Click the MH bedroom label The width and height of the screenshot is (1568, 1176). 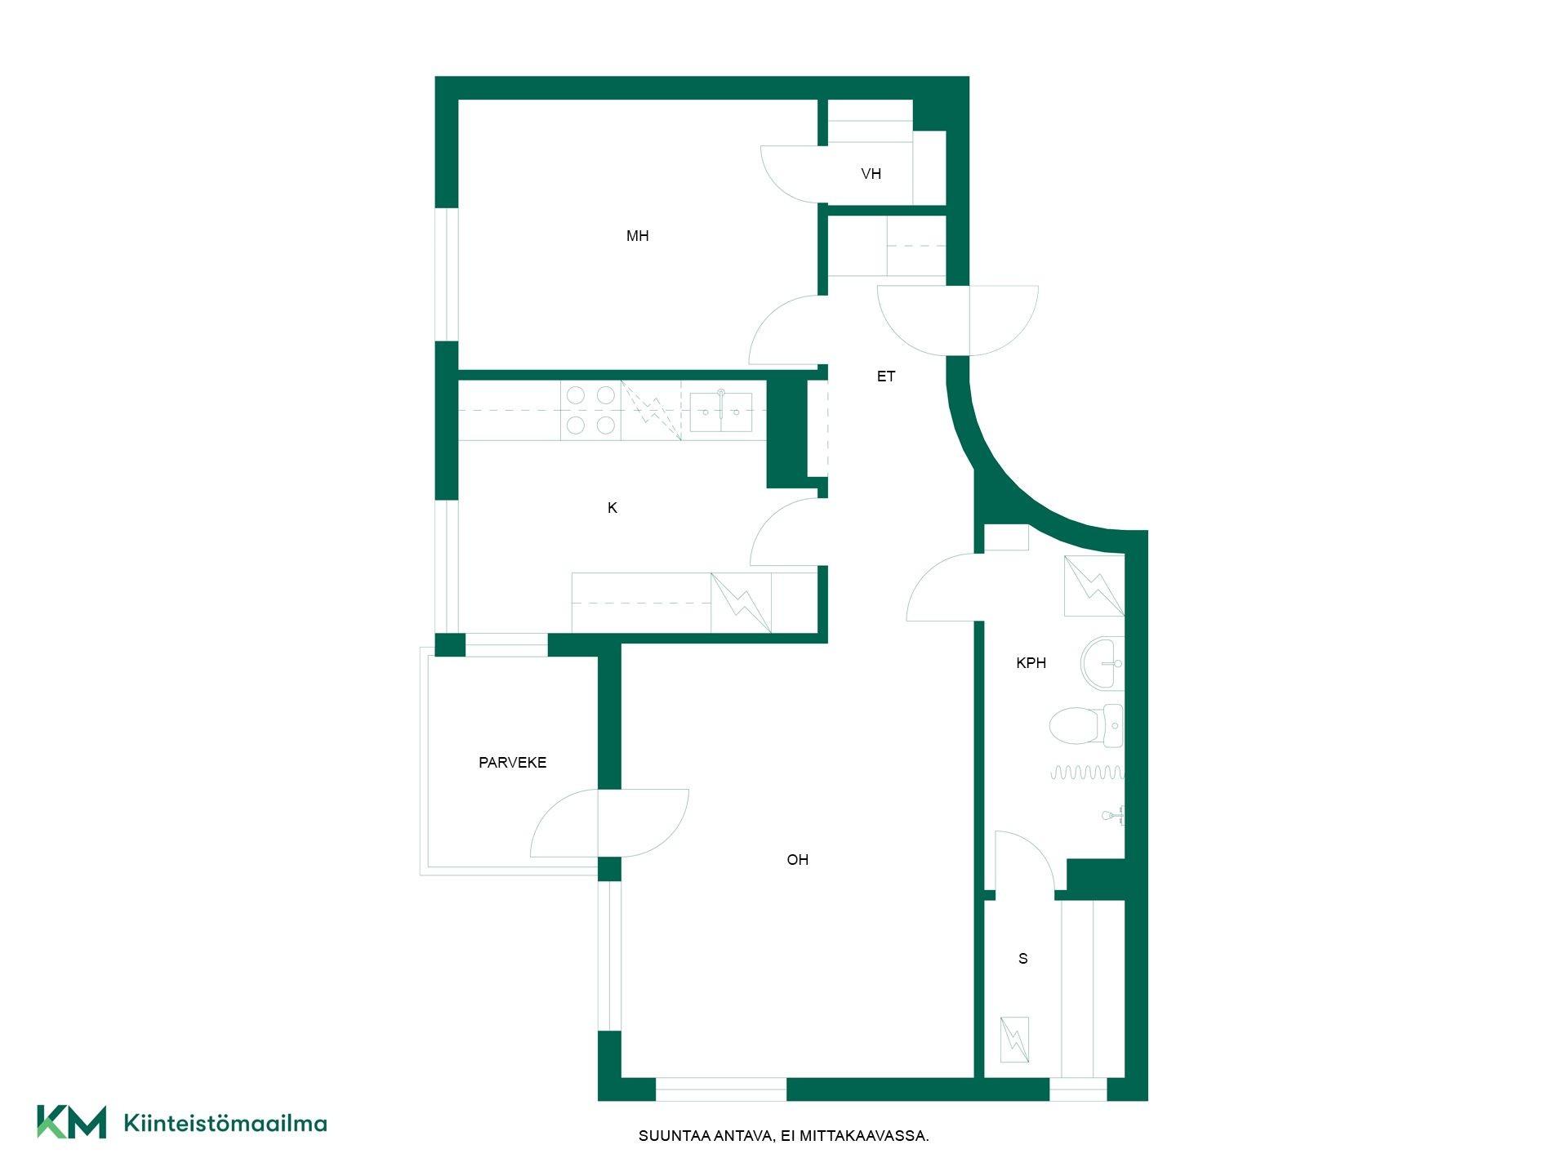[637, 236]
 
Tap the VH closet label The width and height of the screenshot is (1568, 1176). [871, 174]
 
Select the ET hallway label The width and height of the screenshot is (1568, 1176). [886, 376]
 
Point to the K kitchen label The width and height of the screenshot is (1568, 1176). [612, 508]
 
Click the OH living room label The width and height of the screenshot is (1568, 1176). [797, 860]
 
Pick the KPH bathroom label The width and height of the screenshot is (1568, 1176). [1031, 663]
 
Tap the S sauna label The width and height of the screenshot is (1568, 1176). [1022, 959]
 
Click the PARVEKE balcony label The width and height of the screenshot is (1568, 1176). [512, 763]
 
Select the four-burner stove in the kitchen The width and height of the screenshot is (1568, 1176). [590, 410]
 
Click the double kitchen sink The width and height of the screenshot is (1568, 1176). [721, 411]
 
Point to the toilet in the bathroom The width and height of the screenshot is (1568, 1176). [1086, 726]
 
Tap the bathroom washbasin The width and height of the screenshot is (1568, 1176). [1102, 664]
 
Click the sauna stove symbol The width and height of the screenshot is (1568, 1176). [1014, 1040]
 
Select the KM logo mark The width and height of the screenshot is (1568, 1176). [72, 1122]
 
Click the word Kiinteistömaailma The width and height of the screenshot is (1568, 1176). [225, 1123]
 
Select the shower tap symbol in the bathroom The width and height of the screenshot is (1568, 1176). [1113, 815]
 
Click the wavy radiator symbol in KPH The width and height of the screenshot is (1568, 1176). [1087, 773]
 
